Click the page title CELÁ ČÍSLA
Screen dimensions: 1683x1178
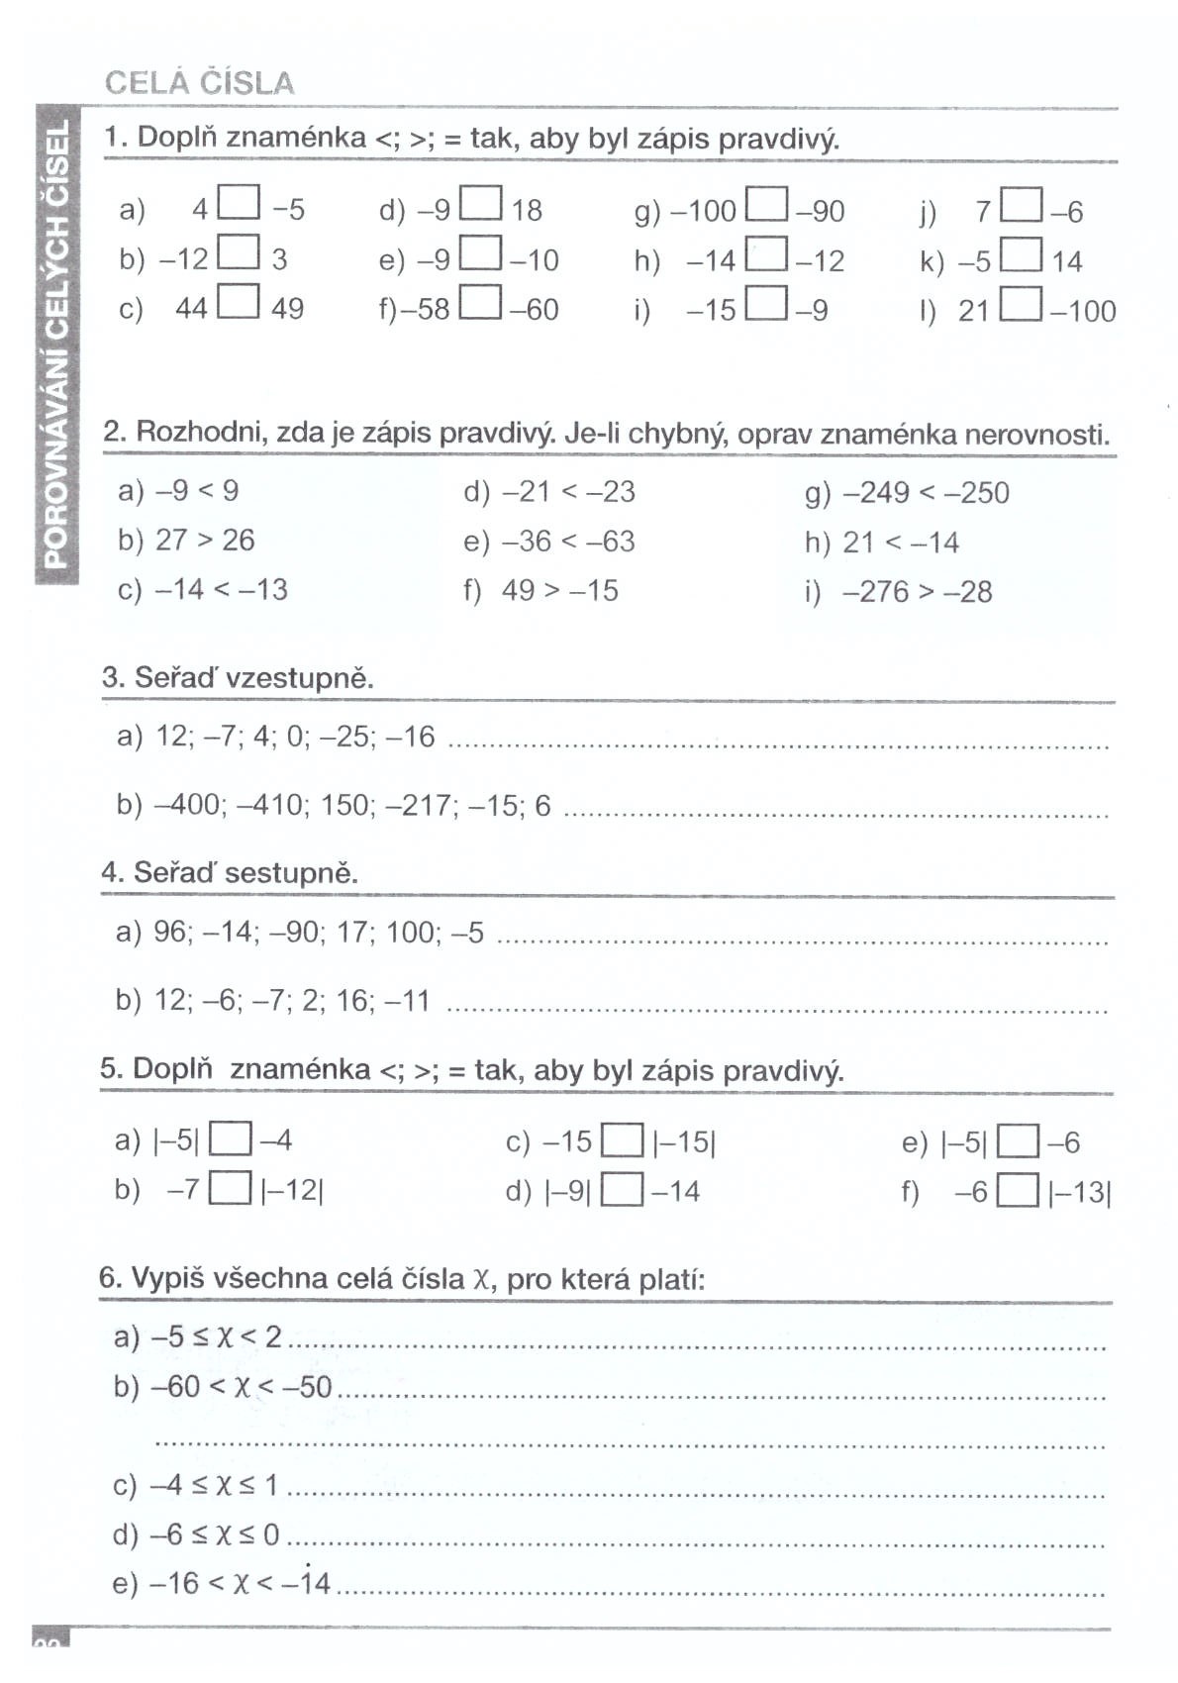(x=199, y=82)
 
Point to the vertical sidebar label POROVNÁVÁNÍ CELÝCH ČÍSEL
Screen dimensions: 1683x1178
(x=56, y=343)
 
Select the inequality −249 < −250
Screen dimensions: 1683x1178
(x=926, y=492)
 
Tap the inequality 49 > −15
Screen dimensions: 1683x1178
(x=559, y=591)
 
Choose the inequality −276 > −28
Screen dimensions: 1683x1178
(x=917, y=592)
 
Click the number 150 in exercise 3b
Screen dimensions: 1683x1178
(x=344, y=805)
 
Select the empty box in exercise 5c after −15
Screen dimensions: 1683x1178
(x=623, y=1141)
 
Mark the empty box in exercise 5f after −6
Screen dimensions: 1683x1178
(x=1018, y=1191)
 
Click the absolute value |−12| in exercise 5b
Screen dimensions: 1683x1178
(x=292, y=1190)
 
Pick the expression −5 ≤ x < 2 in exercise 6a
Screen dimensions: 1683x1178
(x=216, y=1337)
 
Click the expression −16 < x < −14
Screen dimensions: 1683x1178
(x=240, y=1583)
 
